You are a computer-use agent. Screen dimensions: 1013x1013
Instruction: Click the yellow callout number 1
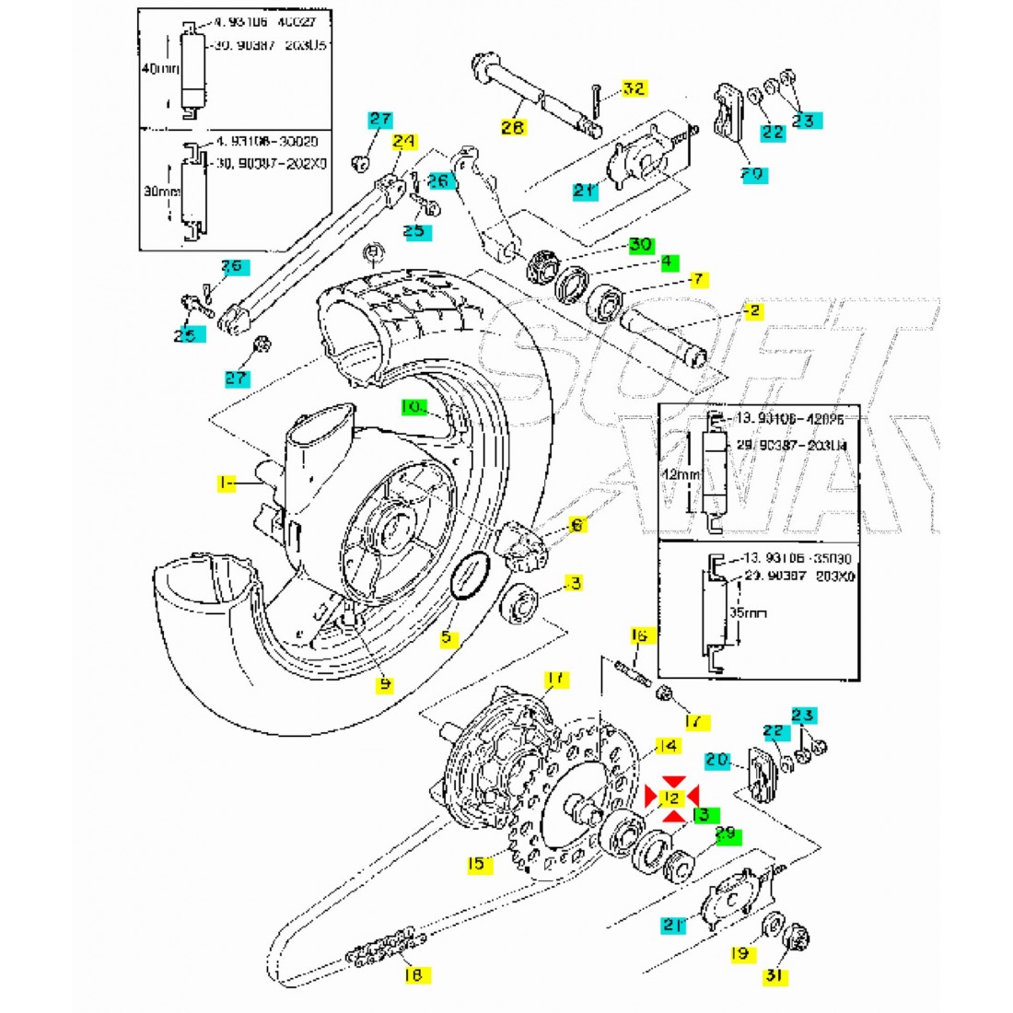225,482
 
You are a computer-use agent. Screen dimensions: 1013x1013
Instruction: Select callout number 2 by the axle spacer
754,311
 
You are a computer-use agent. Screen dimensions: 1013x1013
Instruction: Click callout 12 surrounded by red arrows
672,796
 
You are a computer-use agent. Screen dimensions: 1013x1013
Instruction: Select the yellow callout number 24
403,143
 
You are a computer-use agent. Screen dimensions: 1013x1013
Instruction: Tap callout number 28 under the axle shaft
513,128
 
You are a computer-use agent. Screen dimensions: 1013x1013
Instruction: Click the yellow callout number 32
633,89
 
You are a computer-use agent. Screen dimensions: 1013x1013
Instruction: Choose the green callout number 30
641,246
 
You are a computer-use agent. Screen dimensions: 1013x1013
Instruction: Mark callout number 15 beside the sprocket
476,863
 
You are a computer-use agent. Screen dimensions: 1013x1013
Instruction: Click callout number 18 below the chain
413,973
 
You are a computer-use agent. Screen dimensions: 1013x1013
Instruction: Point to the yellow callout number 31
775,976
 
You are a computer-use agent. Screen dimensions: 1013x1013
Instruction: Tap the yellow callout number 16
639,635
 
